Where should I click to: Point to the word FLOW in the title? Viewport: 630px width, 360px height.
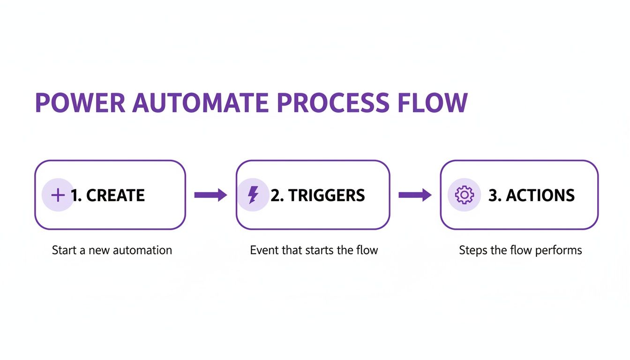[x=432, y=103]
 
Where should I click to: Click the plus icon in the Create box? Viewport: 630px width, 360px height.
[x=58, y=195]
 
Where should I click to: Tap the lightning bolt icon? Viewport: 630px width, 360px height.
[x=253, y=195]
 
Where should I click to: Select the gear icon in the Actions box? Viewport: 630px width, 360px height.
[x=464, y=195]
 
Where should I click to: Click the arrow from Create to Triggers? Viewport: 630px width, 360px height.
[x=210, y=195]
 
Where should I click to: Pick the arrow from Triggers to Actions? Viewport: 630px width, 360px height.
[x=415, y=195]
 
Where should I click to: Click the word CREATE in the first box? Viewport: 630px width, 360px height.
[x=115, y=195]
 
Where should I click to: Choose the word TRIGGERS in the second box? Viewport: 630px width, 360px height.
[x=327, y=195]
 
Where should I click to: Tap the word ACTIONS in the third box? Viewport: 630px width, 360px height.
[x=540, y=195]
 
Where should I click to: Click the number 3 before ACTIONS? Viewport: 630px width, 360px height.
[x=493, y=195]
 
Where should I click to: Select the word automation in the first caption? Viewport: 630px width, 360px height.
[x=145, y=250]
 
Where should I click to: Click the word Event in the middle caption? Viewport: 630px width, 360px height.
[x=264, y=250]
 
